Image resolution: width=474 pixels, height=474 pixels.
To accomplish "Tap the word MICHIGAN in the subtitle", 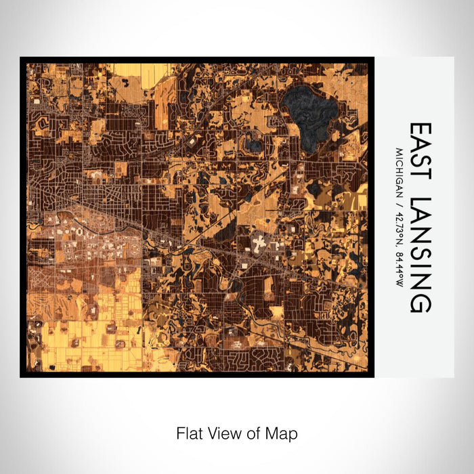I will pos(400,170).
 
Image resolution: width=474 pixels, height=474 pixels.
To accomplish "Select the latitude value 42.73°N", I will pos(400,221).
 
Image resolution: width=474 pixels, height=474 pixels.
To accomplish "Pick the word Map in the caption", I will pos(280,433).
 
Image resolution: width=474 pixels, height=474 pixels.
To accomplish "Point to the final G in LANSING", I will pos(420,305).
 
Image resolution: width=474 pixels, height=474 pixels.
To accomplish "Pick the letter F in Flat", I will pos(181,433).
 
